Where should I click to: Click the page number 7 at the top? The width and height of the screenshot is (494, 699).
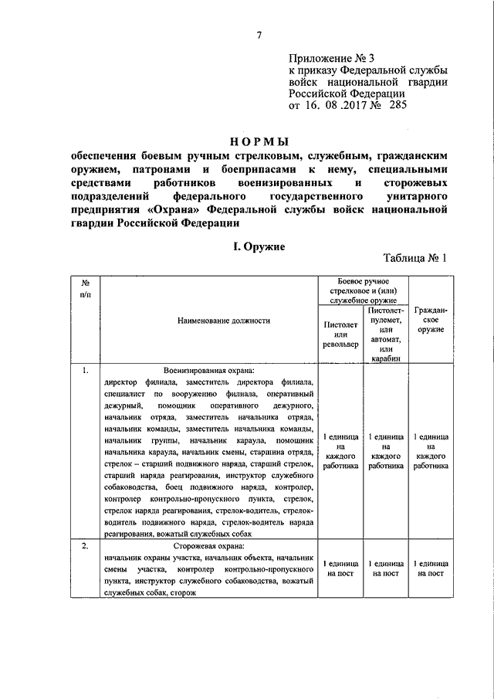[260, 34]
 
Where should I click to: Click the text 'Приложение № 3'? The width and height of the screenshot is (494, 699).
[323, 58]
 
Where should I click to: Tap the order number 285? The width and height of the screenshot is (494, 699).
[391, 104]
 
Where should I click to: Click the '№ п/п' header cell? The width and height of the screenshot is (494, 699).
[86, 288]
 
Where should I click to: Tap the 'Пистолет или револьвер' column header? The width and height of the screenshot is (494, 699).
[340, 334]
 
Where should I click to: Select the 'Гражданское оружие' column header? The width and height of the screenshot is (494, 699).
[431, 319]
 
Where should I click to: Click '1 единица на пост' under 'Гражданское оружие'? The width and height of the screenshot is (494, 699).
[431, 568]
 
